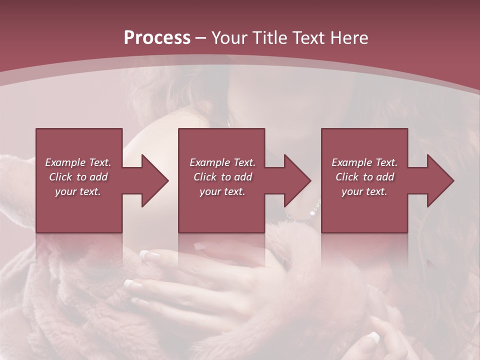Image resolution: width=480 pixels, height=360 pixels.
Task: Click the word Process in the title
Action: pos(157,38)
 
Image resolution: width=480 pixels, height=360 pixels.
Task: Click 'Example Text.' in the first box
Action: pos(78,162)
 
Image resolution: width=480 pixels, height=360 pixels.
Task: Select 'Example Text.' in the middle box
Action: pos(222,162)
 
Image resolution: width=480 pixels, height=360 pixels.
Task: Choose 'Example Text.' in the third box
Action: pos(364,162)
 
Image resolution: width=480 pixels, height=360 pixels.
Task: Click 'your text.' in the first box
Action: pos(78,191)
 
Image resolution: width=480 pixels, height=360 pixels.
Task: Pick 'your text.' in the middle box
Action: pos(222,191)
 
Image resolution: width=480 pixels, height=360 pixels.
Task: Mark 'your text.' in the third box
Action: pos(364,191)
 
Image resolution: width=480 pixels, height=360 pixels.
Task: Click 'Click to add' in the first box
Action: pos(78,177)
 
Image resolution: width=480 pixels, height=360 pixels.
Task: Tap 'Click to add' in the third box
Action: pos(364,177)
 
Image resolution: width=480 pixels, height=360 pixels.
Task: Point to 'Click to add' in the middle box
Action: pos(222,177)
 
